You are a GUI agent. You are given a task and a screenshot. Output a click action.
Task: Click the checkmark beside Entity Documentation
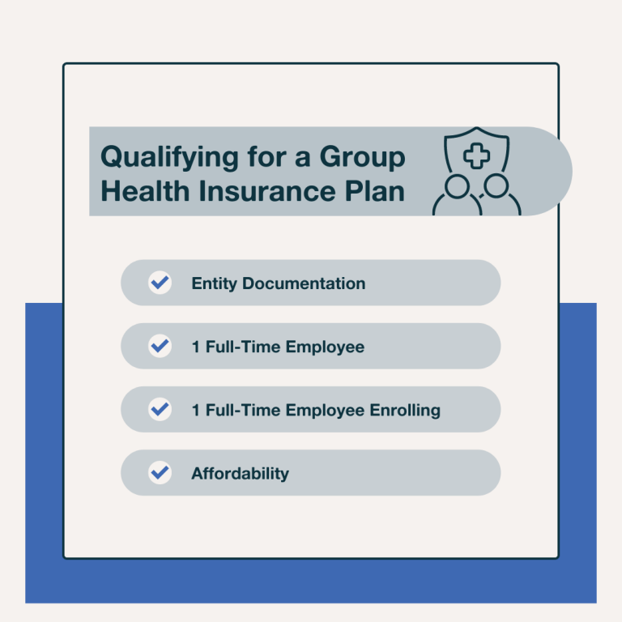(160, 283)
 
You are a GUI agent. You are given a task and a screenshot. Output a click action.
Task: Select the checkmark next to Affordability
(160, 472)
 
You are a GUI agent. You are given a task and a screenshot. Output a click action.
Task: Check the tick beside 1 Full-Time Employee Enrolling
(160, 409)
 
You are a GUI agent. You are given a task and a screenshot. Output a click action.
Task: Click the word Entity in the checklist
(214, 283)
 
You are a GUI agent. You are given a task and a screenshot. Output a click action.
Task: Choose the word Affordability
(240, 473)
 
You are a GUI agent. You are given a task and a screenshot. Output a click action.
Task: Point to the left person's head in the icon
(456, 187)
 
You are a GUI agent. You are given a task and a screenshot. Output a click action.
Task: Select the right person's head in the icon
(496, 187)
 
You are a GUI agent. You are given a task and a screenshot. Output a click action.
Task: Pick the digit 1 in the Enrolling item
(195, 410)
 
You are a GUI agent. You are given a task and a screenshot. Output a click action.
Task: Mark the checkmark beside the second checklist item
(160, 346)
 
